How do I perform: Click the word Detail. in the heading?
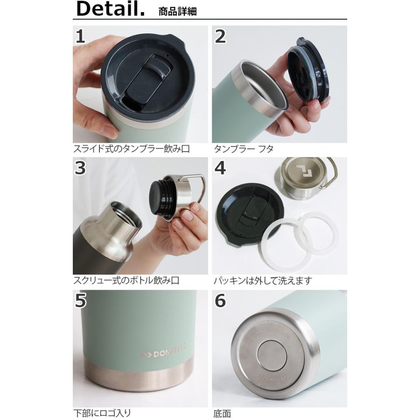110,9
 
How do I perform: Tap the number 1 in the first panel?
81,36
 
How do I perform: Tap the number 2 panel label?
220,36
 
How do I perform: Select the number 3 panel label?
81,168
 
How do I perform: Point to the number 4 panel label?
220,168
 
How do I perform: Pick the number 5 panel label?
81,301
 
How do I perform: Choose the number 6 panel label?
220,301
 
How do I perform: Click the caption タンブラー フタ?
244,149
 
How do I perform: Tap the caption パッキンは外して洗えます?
263,281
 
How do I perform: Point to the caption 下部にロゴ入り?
102,413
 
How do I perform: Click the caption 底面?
223,413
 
